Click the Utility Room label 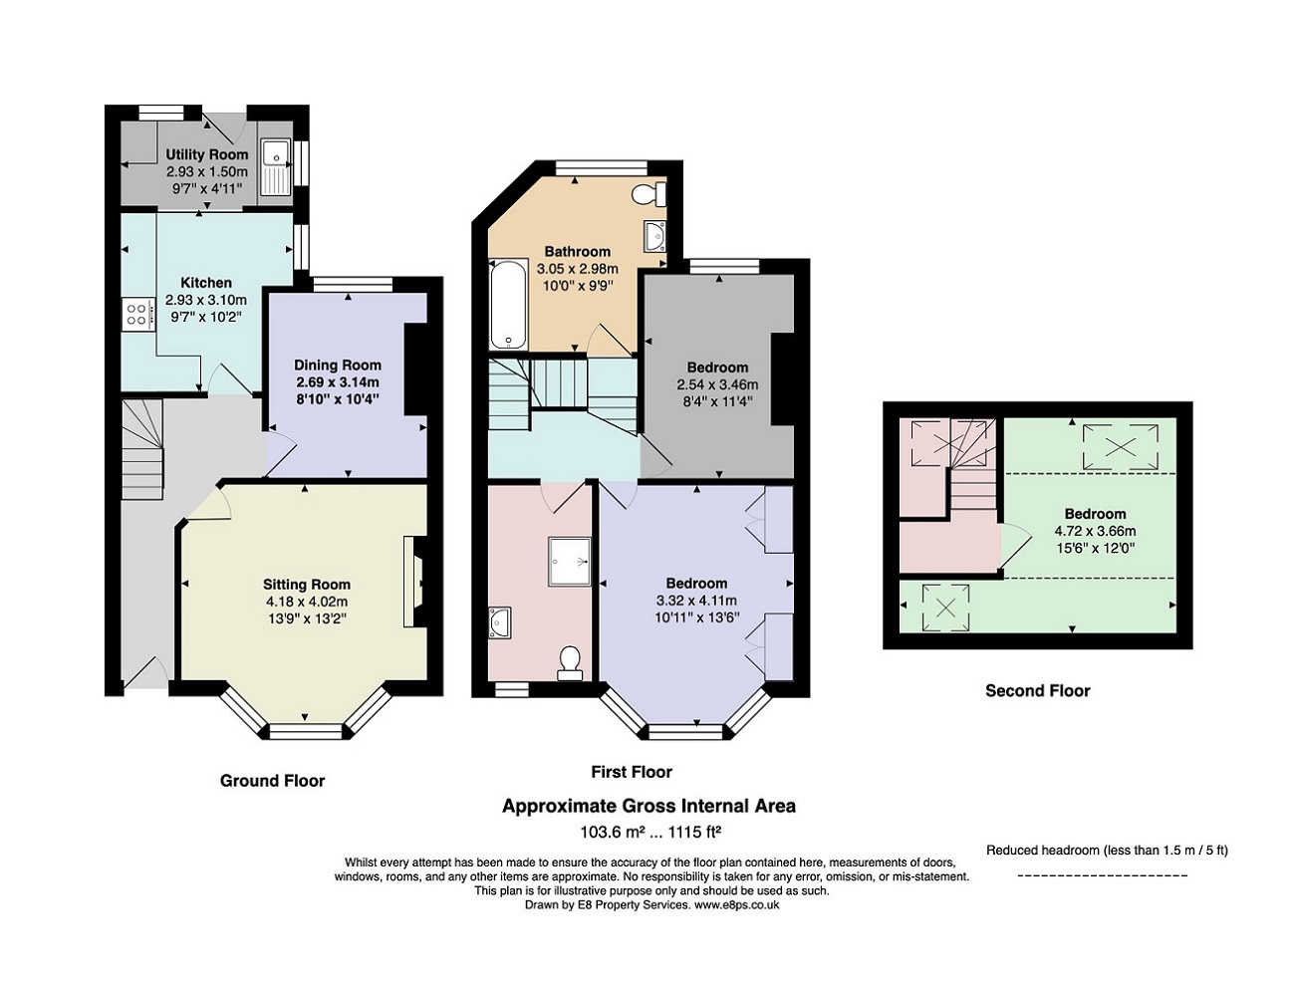coord(206,154)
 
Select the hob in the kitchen coord(137,315)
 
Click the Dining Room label coord(338,366)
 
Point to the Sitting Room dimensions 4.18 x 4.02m coord(306,602)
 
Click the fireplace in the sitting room coord(413,582)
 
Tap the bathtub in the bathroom coord(506,304)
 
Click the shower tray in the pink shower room coord(569,561)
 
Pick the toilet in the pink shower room coord(570,662)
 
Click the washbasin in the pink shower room coord(500,621)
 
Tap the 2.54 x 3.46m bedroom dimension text coord(717,384)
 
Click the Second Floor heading coord(1037,690)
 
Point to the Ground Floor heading coord(272,781)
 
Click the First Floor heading coord(631,772)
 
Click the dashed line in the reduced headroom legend coord(1103,875)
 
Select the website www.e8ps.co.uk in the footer coord(736,905)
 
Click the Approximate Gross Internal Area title coord(648,806)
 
